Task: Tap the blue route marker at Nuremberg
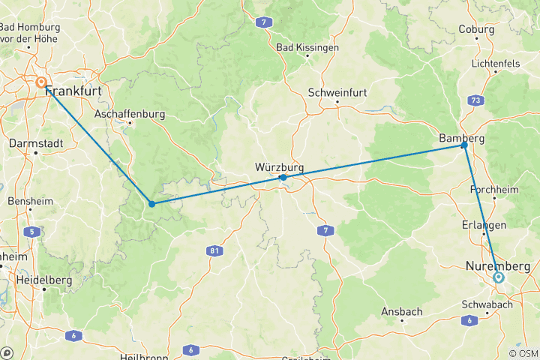(499, 277)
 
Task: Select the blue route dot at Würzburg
(283, 178)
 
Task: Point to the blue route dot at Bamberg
(464, 145)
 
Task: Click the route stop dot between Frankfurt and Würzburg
(151, 203)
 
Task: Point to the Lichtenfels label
(496, 64)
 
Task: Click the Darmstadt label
(34, 142)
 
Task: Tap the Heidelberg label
(46, 280)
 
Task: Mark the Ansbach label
(402, 311)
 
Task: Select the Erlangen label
(484, 225)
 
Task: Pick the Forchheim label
(494, 190)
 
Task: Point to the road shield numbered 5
(31, 232)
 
